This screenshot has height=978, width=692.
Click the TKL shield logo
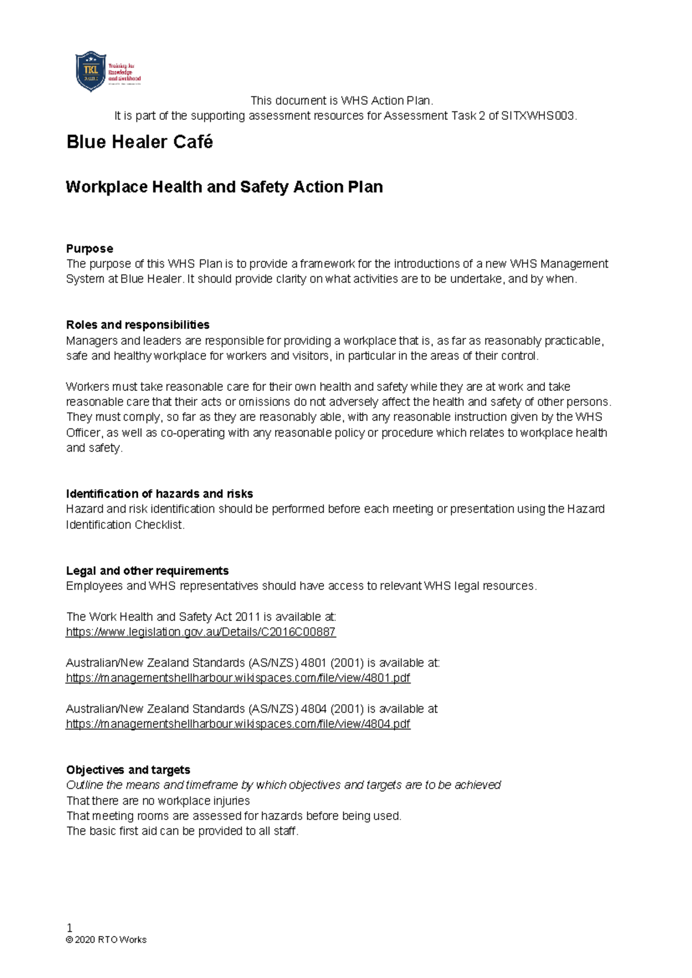coord(91,72)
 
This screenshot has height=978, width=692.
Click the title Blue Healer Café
coord(140,142)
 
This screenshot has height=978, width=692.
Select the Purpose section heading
coord(89,249)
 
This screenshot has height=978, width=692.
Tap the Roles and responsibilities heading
coord(138,325)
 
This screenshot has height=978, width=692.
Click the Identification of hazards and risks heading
coord(159,494)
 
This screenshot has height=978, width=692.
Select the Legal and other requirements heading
coord(147,570)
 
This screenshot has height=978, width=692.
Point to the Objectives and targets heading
coord(128,770)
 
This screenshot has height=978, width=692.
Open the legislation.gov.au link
coord(201,632)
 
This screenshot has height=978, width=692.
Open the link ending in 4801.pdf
coord(238,678)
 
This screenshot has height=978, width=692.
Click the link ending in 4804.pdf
coord(238,724)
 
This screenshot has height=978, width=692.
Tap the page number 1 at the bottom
coord(70,928)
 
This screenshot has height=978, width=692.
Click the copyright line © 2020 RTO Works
coord(107,939)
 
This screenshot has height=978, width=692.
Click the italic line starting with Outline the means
coord(283,785)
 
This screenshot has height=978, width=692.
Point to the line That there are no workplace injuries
coord(158,800)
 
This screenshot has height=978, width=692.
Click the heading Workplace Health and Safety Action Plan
coord(224,187)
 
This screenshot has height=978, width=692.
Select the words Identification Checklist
coord(125,525)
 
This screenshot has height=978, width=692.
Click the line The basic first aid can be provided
coord(182,831)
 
